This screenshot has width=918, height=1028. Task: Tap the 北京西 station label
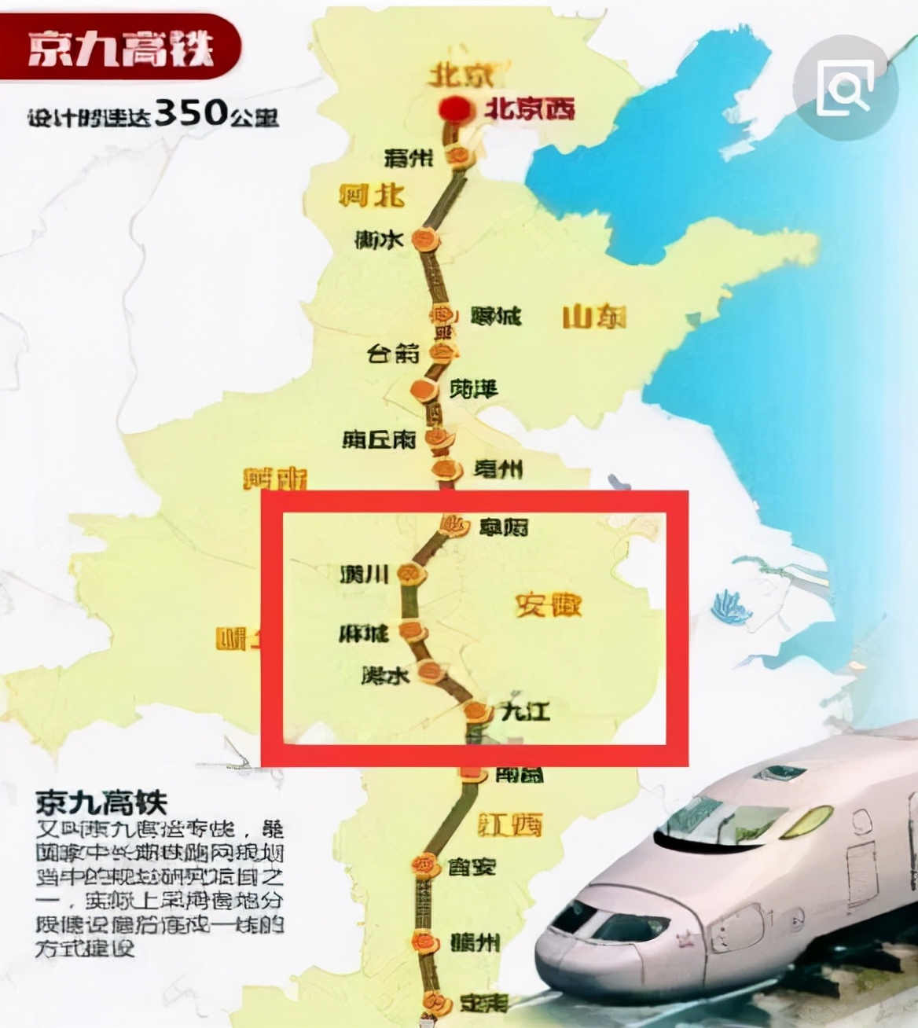coord(529,108)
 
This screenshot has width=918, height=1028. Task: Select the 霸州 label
coord(409,158)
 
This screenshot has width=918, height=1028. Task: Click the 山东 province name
coord(594,317)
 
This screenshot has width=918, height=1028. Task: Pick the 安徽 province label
coord(549,604)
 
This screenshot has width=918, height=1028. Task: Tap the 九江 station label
coord(526,711)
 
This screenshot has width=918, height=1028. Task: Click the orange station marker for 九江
coord(476,712)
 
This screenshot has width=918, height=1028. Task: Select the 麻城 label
coord(364,633)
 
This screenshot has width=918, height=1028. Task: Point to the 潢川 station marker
coord(410,575)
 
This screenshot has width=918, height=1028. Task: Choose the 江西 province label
coord(511,824)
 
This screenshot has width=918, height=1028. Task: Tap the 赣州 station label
coord(474,942)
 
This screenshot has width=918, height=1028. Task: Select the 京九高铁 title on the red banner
coord(119,50)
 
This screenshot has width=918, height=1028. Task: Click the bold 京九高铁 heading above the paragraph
coord(101,802)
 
